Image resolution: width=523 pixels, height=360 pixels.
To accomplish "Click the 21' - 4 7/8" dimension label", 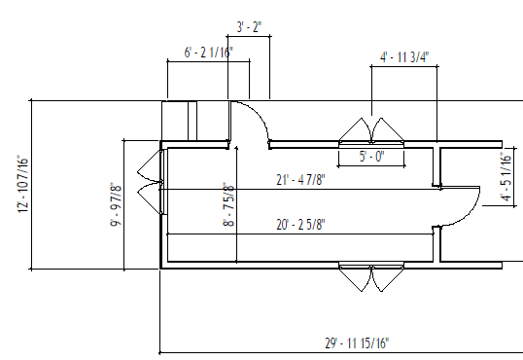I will click(x=298, y=178).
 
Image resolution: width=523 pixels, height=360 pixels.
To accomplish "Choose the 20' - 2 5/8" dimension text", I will click(x=299, y=224).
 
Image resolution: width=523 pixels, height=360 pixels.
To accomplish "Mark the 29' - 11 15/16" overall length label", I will click(x=357, y=342).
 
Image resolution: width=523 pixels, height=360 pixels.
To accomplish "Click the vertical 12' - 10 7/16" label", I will click(x=21, y=184).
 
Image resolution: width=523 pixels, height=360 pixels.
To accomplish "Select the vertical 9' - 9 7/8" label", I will click(x=114, y=204).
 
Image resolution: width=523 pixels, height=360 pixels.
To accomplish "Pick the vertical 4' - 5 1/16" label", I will click(x=506, y=177).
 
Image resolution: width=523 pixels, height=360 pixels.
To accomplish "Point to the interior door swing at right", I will click(x=467, y=206).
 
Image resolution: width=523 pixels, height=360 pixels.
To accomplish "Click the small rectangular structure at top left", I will click(x=180, y=121).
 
